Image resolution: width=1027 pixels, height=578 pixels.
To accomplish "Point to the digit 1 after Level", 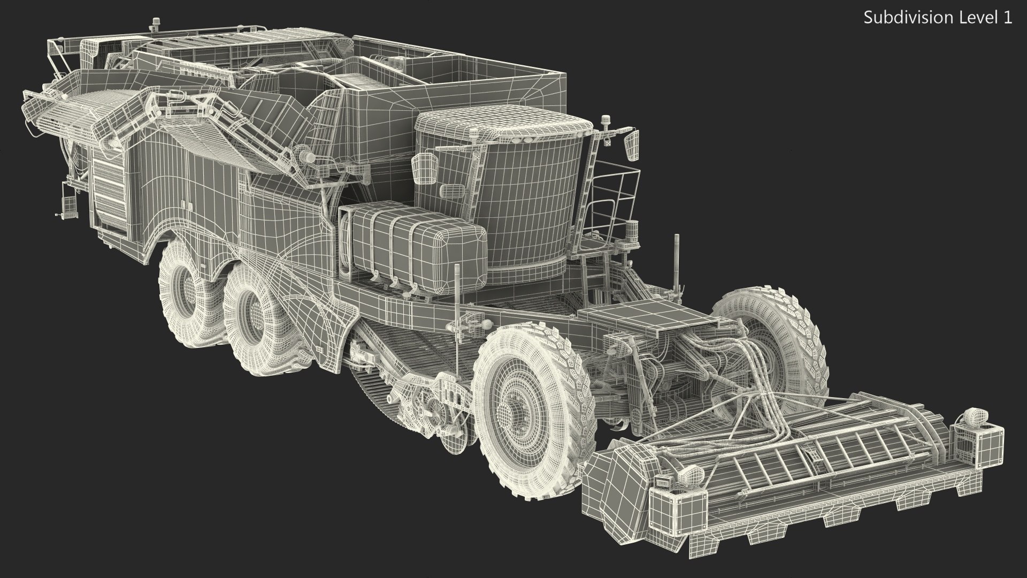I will pos(1008,18).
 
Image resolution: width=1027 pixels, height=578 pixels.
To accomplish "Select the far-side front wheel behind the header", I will pos(770,343).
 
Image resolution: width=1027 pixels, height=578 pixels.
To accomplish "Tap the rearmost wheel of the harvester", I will pos(185,300).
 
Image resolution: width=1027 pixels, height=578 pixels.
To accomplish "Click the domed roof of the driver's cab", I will pos(503,128).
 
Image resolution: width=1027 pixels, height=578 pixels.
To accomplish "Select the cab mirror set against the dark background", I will pos(632,144).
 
